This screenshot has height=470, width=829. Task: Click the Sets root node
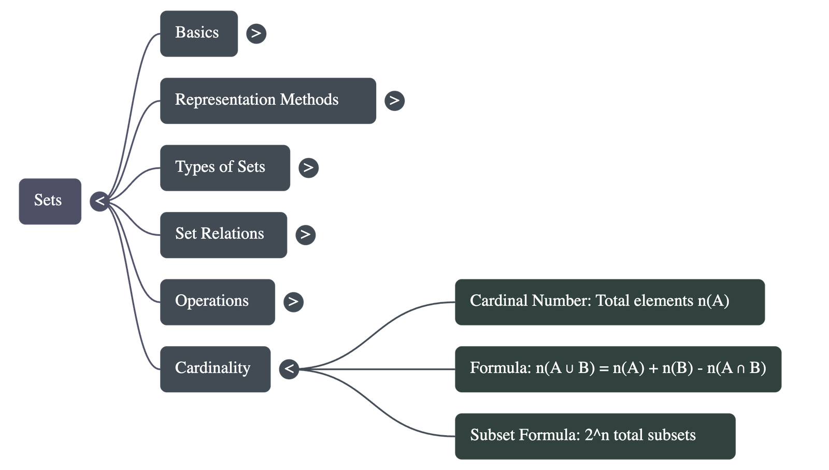coord(50,201)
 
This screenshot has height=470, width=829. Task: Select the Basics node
coord(198,33)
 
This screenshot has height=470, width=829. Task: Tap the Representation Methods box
coord(267,101)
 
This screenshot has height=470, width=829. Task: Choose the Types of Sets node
coord(224,167)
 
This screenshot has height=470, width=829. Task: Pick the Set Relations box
coord(223,234)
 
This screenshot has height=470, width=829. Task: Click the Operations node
coord(217,302)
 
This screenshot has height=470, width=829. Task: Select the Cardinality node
coord(215,368)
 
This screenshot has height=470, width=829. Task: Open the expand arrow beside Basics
coord(256,34)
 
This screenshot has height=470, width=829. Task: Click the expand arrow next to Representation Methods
coord(394,101)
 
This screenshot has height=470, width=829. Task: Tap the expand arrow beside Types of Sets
coord(308,168)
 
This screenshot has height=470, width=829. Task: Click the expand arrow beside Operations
coord(293,302)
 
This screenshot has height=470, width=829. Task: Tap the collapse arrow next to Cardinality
coord(289,369)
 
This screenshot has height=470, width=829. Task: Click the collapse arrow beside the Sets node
coord(99,201)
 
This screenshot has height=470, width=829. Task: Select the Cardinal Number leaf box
coord(609,302)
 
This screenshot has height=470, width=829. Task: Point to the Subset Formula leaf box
coord(595,436)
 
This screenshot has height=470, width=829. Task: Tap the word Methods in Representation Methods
coord(309,99)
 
